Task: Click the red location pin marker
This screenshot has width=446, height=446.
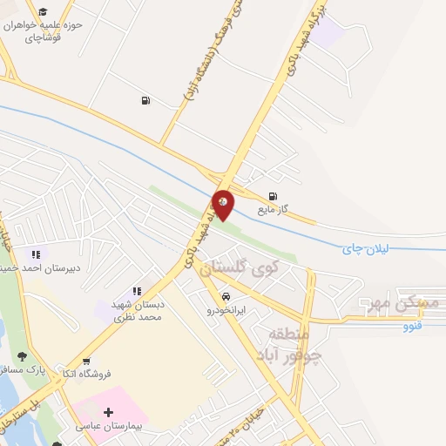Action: [x=224, y=205]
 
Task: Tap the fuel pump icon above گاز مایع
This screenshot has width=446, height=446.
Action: [x=274, y=196]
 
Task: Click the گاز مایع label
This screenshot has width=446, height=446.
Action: [x=273, y=210]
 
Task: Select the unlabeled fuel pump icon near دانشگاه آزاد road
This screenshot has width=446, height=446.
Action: [x=145, y=100]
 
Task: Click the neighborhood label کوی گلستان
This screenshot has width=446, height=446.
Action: [x=236, y=270]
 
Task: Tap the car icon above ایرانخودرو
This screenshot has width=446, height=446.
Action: [x=226, y=295]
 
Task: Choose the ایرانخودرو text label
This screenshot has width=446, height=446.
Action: [x=226, y=309]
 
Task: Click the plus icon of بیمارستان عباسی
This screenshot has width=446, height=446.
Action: [x=108, y=412]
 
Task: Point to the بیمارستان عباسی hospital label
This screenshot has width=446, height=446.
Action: [x=110, y=427]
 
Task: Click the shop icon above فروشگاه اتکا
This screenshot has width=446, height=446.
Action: [x=85, y=361]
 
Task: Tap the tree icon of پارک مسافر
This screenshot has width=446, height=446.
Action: [x=21, y=355]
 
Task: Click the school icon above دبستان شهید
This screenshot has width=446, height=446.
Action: [x=137, y=291]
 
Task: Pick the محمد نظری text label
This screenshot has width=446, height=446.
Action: [x=139, y=318]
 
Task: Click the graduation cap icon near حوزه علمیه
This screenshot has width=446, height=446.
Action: [x=41, y=12]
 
